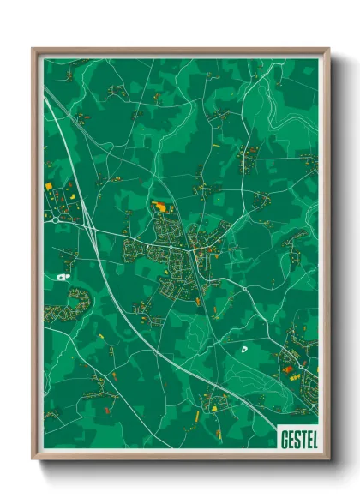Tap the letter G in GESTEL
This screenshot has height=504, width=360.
[284, 440]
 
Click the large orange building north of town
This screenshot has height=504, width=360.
[159, 206]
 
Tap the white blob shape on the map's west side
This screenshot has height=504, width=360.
[61, 277]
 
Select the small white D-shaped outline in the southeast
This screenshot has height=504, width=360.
[244, 349]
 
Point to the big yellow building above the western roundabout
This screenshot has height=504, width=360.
[49, 186]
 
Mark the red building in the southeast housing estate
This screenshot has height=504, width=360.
[287, 369]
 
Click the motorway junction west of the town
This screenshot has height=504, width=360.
[89, 228]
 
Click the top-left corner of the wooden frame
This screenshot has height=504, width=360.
[33, 49]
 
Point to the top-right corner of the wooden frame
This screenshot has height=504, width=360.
[329, 49]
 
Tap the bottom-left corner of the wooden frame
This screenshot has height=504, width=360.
[33, 460]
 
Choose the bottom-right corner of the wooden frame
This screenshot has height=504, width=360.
[329, 460]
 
